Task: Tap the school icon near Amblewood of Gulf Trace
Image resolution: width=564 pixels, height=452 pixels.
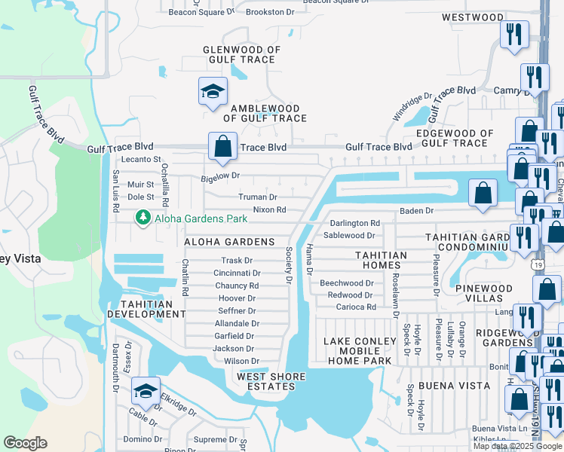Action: tap(213, 92)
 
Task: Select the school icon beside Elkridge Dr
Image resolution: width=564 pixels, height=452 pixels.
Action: tap(145, 390)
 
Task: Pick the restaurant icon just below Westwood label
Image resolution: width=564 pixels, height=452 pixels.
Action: tap(514, 35)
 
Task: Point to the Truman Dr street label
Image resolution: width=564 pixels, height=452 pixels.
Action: tap(258, 197)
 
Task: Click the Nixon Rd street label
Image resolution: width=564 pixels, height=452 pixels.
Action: tap(269, 209)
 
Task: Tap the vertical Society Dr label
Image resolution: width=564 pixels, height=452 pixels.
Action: tap(288, 265)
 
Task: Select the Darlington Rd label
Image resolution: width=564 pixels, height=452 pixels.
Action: tap(354, 223)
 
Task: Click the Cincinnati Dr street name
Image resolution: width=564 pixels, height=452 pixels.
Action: tap(237, 273)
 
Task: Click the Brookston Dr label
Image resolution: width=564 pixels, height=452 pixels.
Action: tap(269, 12)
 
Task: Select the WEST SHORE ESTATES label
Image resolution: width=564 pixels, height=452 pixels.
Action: tap(271, 381)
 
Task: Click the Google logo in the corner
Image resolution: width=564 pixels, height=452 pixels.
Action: tap(25, 443)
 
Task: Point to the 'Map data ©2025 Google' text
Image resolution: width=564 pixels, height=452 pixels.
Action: tap(516, 446)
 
